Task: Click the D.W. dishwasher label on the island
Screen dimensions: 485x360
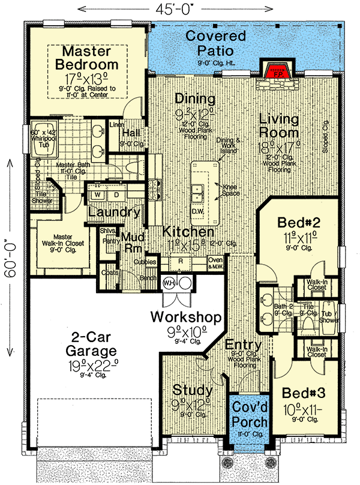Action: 198,211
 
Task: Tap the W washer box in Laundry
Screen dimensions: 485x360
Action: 97,195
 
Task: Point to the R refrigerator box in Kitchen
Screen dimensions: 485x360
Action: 180,262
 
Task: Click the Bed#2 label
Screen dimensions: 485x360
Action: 299,223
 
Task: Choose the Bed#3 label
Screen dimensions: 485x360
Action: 304,395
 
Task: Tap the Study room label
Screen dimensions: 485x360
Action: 192,390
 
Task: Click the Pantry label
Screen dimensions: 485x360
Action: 110,241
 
